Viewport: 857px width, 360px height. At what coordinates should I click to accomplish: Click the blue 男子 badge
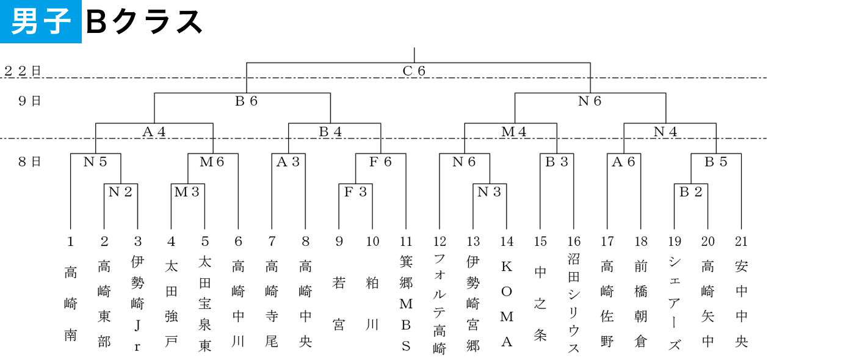click(40, 21)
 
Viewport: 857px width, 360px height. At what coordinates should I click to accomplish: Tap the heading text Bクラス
click(144, 22)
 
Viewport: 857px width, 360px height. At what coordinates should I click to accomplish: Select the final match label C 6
click(414, 71)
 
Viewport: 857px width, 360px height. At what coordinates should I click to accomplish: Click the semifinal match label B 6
click(246, 101)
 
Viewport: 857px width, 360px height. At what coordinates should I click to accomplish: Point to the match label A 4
click(154, 132)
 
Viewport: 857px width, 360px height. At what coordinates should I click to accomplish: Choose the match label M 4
click(514, 132)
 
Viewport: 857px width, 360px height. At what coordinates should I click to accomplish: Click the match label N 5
click(95, 162)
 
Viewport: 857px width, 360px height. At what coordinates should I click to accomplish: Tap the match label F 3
click(355, 192)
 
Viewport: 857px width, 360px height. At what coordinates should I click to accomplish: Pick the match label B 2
click(690, 192)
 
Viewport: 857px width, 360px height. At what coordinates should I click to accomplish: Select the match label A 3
click(288, 162)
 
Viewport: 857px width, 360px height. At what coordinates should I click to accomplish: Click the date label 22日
click(23, 71)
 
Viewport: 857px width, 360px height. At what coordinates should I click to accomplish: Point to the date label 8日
click(29, 162)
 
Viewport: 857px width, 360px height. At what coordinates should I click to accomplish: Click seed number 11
click(406, 242)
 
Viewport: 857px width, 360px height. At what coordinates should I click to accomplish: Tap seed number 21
click(741, 242)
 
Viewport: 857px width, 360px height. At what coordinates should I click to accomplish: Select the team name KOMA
click(507, 304)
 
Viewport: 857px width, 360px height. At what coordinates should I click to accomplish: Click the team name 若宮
click(339, 304)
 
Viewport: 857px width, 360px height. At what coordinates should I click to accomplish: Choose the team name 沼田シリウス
click(574, 304)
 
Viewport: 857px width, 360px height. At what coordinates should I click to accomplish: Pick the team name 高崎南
click(70, 304)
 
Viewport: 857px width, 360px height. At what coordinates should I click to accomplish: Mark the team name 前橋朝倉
click(641, 304)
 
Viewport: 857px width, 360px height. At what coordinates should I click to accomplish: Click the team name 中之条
click(540, 304)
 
